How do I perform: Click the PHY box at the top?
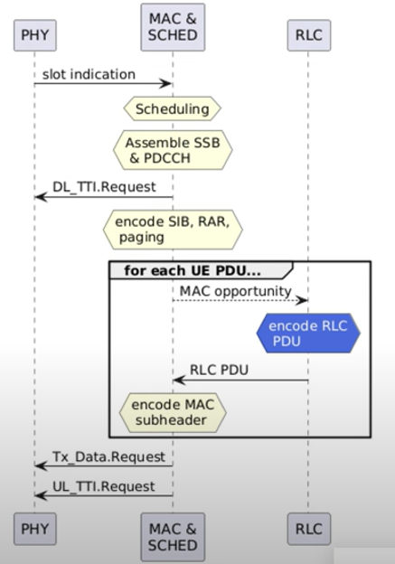coord(35,35)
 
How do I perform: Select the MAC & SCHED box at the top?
coord(173,27)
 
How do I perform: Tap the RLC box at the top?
coord(308,35)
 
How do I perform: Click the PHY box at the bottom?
coord(35,529)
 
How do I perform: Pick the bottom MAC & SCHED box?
coord(173,537)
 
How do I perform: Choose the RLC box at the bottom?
coord(308,529)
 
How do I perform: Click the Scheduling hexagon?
coord(173,108)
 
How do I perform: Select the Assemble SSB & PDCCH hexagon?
coord(173,150)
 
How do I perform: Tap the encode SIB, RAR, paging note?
coord(173,230)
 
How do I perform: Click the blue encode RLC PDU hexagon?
coord(308,334)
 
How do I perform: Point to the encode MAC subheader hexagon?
coord(173,412)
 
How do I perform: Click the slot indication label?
coord(89,74)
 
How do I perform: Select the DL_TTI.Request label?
coord(104,187)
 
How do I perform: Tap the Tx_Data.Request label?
coord(109,456)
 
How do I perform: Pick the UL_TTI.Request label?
coord(104,486)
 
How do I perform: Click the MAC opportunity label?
coord(236,291)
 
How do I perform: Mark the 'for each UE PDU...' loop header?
coord(193,270)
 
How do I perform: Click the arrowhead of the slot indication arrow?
coord(165,84)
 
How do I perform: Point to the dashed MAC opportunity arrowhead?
coord(302,300)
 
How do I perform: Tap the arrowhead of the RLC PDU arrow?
coord(180,381)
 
